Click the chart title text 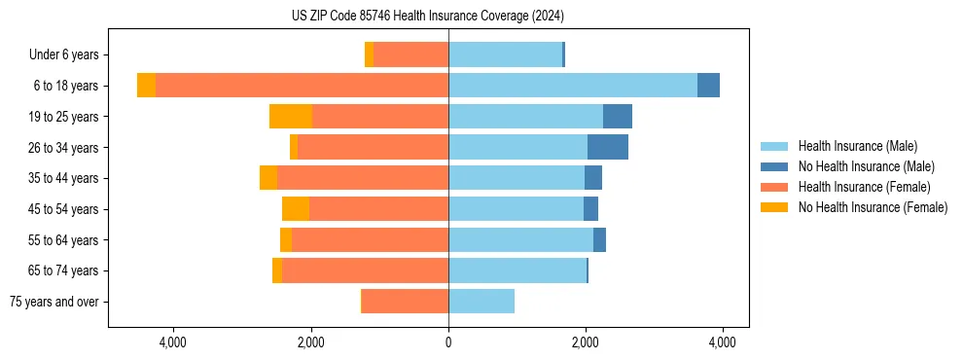(428, 16)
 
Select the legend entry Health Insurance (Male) (857, 146)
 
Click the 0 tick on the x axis (448, 342)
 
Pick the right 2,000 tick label (586, 342)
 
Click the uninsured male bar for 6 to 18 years (708, 86)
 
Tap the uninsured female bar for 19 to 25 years (291, 116)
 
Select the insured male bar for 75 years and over (481, 302)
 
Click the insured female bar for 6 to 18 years (302, 86)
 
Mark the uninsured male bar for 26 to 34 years (608, 147)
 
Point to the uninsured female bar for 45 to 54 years (296, 208)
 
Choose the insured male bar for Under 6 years (505, 54)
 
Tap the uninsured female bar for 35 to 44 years (268, 178)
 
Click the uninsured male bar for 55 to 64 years (599, 239)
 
